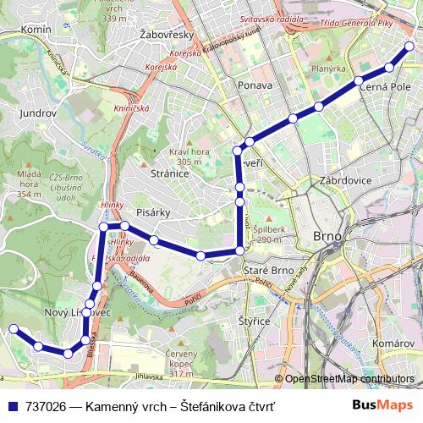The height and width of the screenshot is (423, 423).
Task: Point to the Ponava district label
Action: (255, 85)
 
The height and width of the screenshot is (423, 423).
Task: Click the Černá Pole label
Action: (385, 86)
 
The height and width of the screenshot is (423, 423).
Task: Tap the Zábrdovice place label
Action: (346, 180)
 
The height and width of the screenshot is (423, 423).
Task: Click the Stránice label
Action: (168, 173)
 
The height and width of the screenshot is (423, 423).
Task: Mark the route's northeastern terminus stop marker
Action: (409, 47)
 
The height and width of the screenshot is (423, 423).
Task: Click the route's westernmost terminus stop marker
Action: (13, 329)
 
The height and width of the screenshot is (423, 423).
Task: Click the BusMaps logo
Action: (383, 406)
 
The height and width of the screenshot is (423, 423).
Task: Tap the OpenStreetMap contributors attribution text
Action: (349, 379)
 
